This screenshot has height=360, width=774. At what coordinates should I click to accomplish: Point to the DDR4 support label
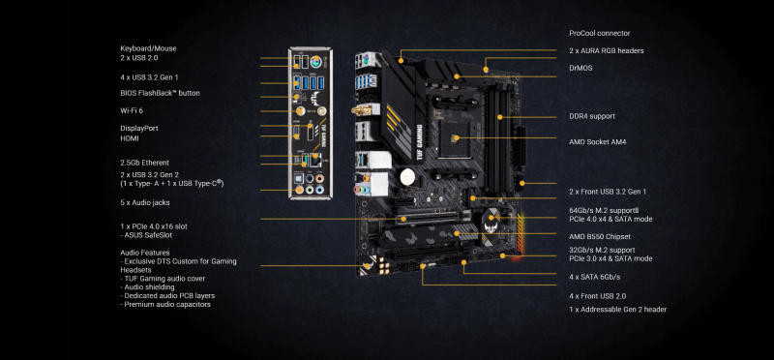pyautogui.click(x=592, y=116)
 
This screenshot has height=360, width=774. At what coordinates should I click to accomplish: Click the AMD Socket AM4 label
pyautogui.click(x=597, y=141)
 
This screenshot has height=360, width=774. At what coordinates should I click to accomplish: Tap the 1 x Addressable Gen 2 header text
pyautogui.click(x=617, y=310)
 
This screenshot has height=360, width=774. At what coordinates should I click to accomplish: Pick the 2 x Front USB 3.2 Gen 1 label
pyautogui.click(x=608, y=192)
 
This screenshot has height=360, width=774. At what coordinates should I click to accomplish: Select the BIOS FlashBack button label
pyautogui.click(x=160, y=93)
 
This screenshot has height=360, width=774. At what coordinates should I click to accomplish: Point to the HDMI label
pyautogui.click(x=131, y=138)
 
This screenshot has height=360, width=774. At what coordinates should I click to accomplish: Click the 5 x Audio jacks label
pyautogui.click(x=145, y=202)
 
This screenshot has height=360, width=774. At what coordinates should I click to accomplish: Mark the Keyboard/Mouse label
pyautogui.click(x=148, y=48)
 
